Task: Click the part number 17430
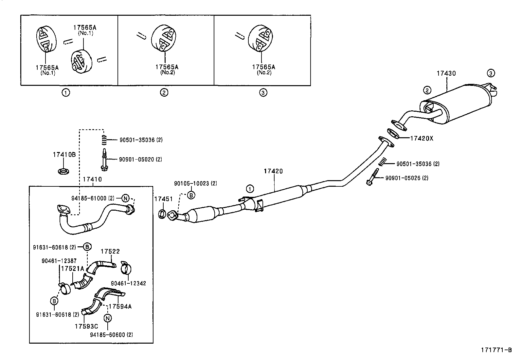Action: pos(446,73)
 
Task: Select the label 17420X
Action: pos(422,138)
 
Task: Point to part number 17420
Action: pos(273,171)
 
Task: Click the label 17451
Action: pos(164,199)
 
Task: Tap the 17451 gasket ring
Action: pos(162,214)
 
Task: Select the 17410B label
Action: pos(64,155)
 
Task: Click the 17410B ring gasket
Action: pos(63,171)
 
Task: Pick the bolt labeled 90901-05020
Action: pos(104,160)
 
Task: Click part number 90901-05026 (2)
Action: pos(407,178)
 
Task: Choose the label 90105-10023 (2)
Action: pos(195,183)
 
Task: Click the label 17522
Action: pos(110,251)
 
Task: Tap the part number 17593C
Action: pos(86,326)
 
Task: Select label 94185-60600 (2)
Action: pos(111,335)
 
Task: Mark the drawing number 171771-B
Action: pos(496,350)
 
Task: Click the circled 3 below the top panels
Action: pos(263,93)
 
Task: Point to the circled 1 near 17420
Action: pos(250,189)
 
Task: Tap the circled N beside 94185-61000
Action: pos(125,198)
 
